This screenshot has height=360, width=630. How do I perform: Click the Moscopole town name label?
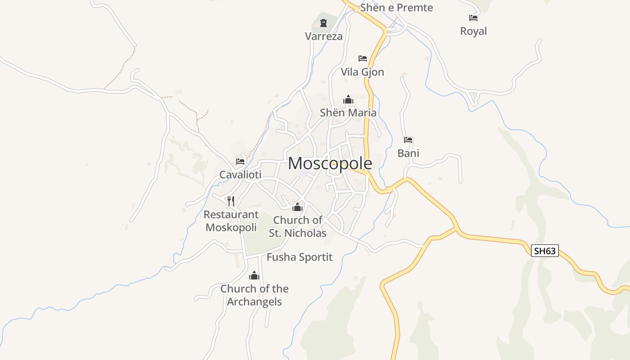330,163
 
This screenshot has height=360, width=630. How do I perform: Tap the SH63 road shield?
544,251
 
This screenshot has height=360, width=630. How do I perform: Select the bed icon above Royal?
473,18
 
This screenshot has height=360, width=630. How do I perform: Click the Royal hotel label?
473,31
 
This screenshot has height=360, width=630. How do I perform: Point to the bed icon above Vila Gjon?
363,58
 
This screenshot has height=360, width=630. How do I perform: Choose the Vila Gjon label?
362,72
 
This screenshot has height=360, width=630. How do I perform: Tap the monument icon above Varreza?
323,23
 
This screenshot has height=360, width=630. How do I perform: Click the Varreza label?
324,36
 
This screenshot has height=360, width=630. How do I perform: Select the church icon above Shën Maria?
348,99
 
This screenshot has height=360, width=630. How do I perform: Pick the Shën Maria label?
348,112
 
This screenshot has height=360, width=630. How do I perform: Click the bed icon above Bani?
408,140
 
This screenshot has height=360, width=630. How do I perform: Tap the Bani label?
408,153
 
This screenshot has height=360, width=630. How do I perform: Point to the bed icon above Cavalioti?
240,162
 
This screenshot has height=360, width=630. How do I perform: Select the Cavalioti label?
240,175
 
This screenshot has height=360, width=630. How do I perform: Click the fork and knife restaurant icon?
231,201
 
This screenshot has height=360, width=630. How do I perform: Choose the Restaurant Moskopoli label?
231,221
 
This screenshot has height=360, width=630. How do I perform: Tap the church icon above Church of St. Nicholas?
297,207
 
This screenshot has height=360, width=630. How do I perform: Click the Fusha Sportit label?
299,257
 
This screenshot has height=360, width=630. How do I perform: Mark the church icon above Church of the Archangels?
254,275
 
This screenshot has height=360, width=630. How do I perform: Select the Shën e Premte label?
396,8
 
